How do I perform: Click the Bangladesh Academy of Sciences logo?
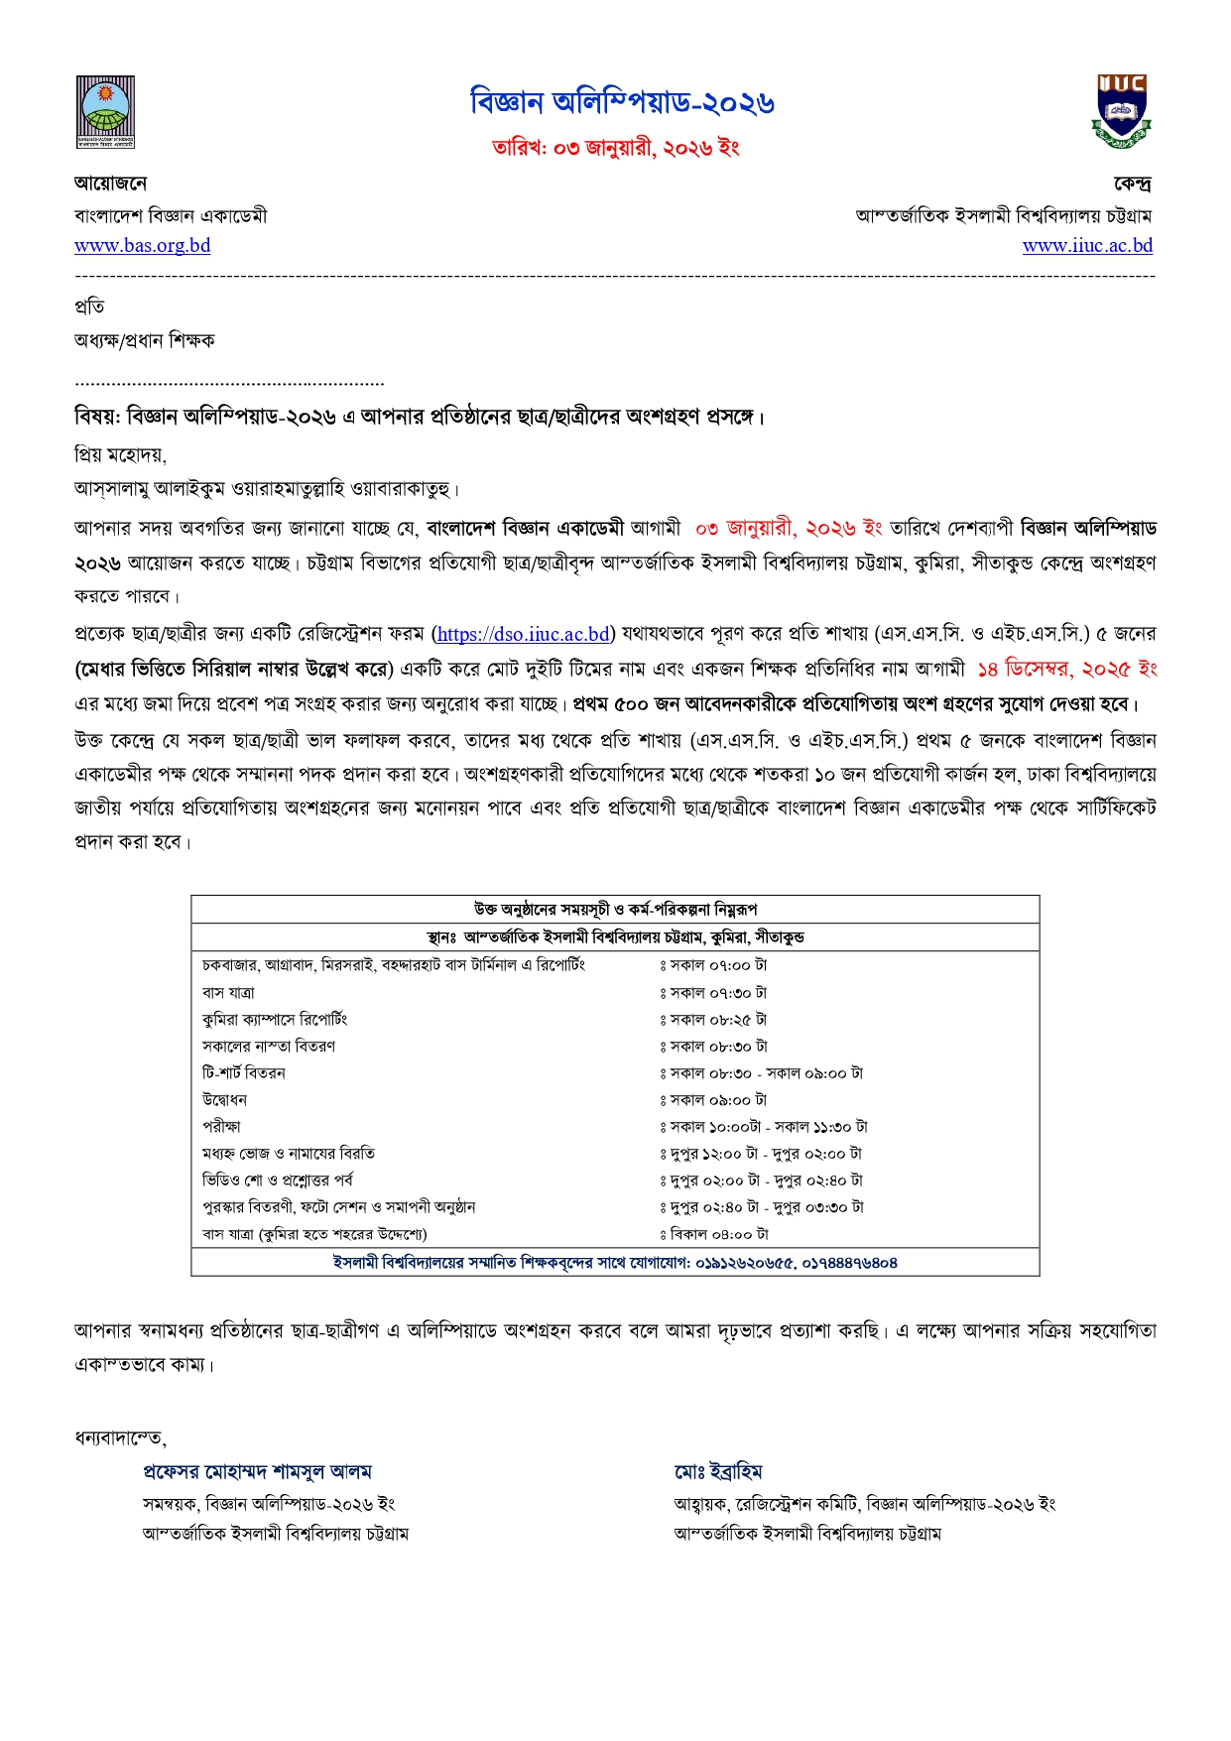click(x=105, y=112)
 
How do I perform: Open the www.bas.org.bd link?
click(x=143, y=245)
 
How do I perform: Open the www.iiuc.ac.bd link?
click(x=1087, y=245)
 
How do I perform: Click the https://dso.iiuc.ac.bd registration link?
click(x=523, y=634)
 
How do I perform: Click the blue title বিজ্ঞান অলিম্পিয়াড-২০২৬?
click(x=623, y=102)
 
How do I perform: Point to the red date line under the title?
click(x=616, y=148)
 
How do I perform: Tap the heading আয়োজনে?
click(x=111, y=184)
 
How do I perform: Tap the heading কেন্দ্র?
click(x=1132, y=184)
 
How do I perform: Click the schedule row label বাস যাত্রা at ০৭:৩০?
click(x=228, y=992)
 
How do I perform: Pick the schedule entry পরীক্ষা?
click(x=221, y=1127)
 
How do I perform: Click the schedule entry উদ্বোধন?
click(x=224, y=1100)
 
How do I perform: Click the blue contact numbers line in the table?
click(x=615, y=1263)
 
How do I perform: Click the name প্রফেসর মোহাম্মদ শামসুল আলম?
click(x=257, y=1471)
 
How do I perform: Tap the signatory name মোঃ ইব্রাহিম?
click(x=718, y=1471)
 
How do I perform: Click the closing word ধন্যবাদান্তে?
click(x=120, y=1437)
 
